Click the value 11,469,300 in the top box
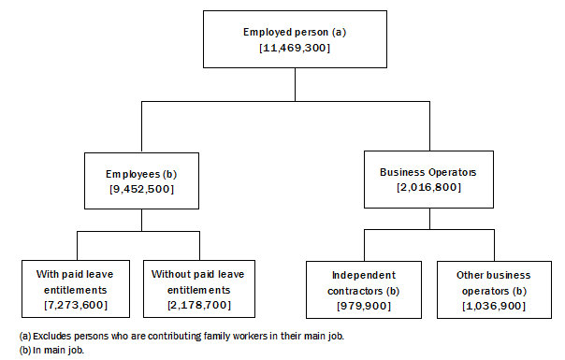(294, 47)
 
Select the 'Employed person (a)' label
(294, 32)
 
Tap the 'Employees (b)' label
(141, 174)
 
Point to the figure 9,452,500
(141, 189)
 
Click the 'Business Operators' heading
(427, 173)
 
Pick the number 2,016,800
(427, 188)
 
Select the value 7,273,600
(76, 305)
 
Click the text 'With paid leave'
(76, 275)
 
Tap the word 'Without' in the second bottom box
(170, 275)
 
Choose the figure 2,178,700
(197, 305)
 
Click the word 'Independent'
(363, 275)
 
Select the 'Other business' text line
(493, 275)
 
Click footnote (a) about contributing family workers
(174, 335)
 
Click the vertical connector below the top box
(294, 84)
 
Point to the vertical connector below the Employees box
(141, 220)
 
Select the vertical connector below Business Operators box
(427, 219)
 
